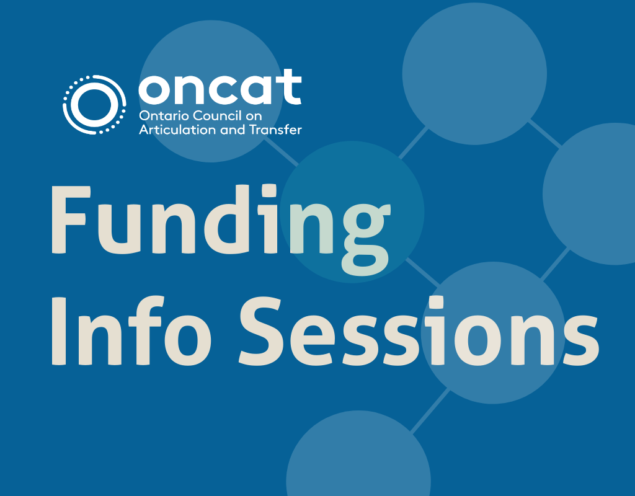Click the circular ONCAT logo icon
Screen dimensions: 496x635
coord(91,104)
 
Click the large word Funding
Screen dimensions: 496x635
coord(220,220)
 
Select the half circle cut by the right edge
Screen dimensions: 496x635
coord(592,193)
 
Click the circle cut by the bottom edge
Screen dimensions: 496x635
coord(358,459)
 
